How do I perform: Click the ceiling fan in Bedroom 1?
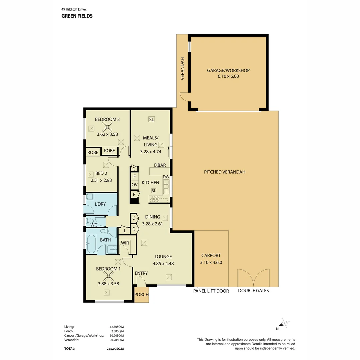(x=108, y=276)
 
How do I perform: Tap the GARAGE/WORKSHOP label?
(x=228, y=70)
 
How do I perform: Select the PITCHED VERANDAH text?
(x=225, y=172)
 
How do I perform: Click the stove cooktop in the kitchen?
(x=156, y=199)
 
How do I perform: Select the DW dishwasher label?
(x=166, y=177)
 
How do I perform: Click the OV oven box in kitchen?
(x=134, y=184)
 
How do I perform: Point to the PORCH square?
(x=141, y=295)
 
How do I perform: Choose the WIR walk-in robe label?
(x=125, y=242)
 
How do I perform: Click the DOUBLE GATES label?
(x=253, y=291)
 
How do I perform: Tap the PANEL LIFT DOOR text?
(x=211, y=291)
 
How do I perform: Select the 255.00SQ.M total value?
(x=113, y=348)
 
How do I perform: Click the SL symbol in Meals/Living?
(x=152, y=119)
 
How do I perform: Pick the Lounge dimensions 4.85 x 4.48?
(x=163, y=263)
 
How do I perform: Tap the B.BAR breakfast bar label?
(x=160, y=165)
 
